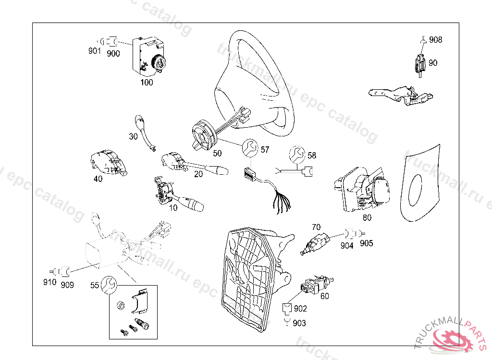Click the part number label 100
tap(147, 83)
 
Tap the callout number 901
tap(94, 50)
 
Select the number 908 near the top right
tap(435, 40)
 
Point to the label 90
tap(433, 63)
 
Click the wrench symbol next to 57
tap(250, 148)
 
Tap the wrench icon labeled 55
tap(109, 286)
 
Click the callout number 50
tap(217, 154)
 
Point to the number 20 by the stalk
tap(198, 174)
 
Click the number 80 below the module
tap(367, 217)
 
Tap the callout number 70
tap(316, 227)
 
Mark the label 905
tap(366, 243)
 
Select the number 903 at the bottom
tap(299, 324)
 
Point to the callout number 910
tap(49, 282)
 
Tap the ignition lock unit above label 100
tap(150, 56)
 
